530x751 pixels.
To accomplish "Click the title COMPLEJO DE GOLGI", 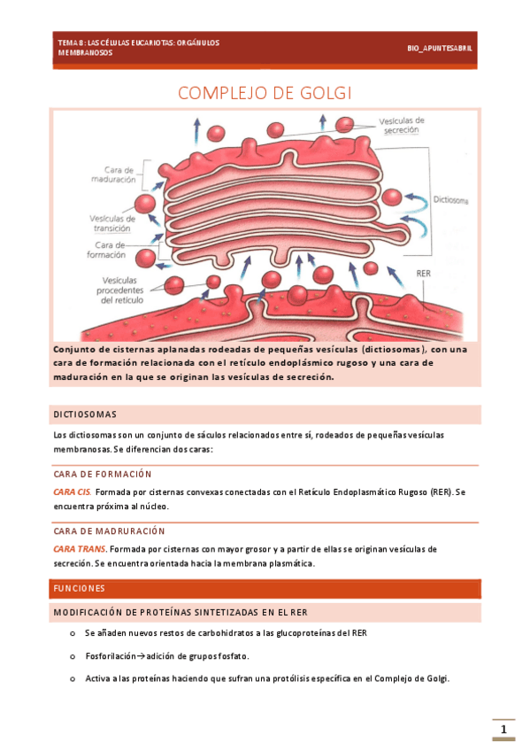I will pos(265,94).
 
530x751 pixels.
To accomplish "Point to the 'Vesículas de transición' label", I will pos(112,222).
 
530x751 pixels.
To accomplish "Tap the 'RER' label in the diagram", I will pos(424,274).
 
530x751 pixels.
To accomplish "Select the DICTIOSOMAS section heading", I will pos(85,414).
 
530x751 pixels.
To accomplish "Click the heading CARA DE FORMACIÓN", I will pos(103,475).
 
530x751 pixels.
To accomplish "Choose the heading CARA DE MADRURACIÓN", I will pos(109,531).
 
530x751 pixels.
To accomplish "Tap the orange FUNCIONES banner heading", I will pos(79,588).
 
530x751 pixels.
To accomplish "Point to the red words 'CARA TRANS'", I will pos(80,549).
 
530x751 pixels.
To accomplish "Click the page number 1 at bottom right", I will pos(503,730).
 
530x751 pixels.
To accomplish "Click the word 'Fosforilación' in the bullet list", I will pos(110,656).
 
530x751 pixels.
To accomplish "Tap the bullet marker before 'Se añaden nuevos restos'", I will pos(71,634).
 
